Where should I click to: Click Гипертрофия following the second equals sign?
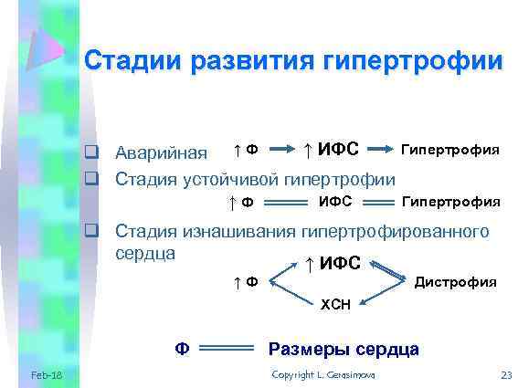click(x=451, y=201)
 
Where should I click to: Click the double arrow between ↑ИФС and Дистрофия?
click(x=388, y=271)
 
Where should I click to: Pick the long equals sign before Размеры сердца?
click(x=226, y=349)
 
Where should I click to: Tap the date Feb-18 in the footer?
click(x=46, y=376)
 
